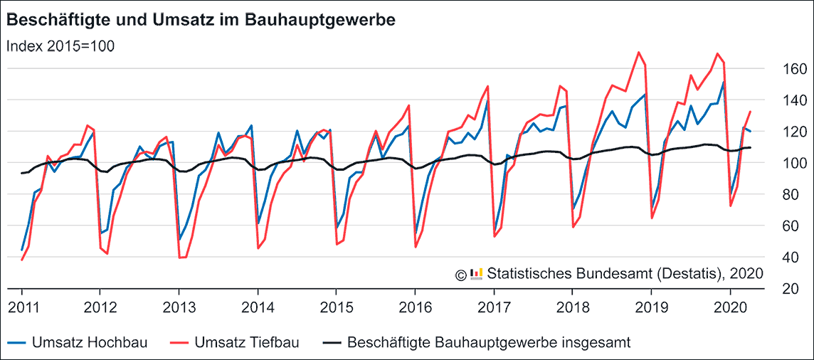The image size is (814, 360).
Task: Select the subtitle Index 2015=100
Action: pyautogui.click(x=60, y=46)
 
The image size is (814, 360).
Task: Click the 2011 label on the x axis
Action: pyautogui.click(x=22, y=307)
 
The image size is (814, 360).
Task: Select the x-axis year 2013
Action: pyautogui.click(x=179, y=307)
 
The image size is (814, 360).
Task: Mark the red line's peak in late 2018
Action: pyautogui.click(x=639, y=52)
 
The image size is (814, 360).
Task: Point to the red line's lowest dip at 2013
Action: pyautogui.click(x=179, y=258)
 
